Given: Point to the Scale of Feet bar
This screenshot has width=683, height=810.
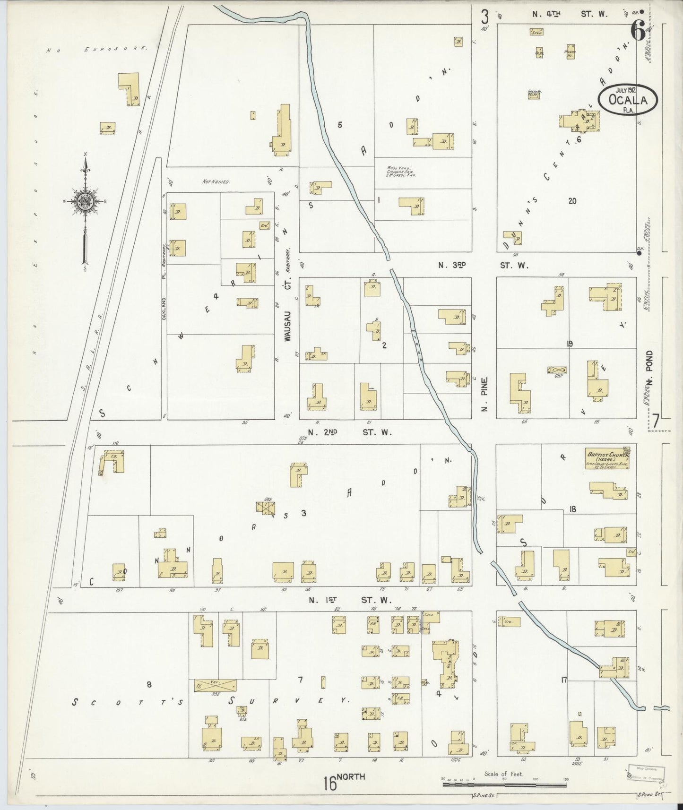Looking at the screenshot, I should [x=504, y=785].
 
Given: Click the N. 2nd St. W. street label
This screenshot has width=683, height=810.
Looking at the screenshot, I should [x=349, y=431].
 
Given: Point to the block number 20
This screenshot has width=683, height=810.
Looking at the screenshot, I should [x=572, y=201].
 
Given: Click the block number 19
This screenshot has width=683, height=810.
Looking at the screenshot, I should [x=570, y=344].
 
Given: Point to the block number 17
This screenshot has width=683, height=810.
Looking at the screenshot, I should [x=563, y=680].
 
